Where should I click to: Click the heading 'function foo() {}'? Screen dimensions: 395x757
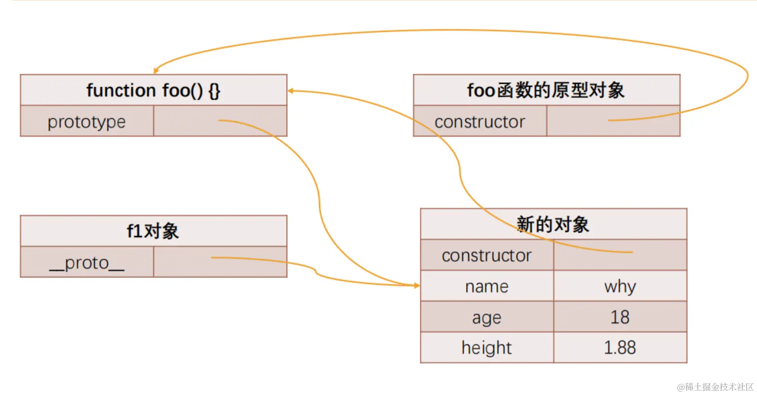coord(153,90)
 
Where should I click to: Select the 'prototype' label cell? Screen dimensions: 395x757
coord(87,121)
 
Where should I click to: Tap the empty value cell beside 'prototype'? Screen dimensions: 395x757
coord(220,121)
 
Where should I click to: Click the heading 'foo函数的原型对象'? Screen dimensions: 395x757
coord(546,90)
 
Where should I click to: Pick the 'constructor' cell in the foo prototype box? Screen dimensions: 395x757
coord(480,121)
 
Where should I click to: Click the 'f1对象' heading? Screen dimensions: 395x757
coord(153,231)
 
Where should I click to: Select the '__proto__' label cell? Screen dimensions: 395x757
coord(87,263)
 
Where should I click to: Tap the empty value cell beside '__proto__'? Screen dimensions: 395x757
coord(220,263)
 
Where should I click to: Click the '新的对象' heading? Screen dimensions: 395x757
coord(553,224)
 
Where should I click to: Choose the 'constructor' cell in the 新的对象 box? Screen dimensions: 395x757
coord(486,255)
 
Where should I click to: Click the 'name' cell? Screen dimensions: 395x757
coord(486,286)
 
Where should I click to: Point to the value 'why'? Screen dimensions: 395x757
coord(620,286)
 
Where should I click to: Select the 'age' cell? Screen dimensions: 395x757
coord(486,317)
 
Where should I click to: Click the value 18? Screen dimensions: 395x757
coord(620,317)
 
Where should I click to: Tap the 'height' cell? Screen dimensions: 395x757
coord(486,348)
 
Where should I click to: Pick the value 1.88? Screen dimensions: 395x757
coord(620,348)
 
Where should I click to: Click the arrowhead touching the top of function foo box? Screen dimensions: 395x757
coord(156,71)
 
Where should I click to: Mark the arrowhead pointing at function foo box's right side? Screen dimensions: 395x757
coord(291,91)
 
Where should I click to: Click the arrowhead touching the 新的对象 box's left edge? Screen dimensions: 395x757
coord(417,286)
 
